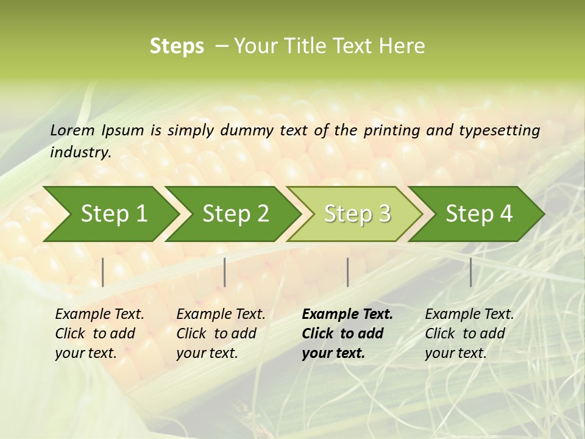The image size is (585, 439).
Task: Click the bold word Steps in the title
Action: pos(177,46)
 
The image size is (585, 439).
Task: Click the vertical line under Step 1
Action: pos(103,272)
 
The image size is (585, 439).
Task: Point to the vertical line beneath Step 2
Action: pos(225,272)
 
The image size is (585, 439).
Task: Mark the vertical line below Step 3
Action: pos(348,272)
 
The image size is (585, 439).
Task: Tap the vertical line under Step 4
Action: pos(470,272)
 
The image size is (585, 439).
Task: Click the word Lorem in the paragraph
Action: pos(73,130)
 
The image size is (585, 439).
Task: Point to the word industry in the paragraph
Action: pos(80,152)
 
